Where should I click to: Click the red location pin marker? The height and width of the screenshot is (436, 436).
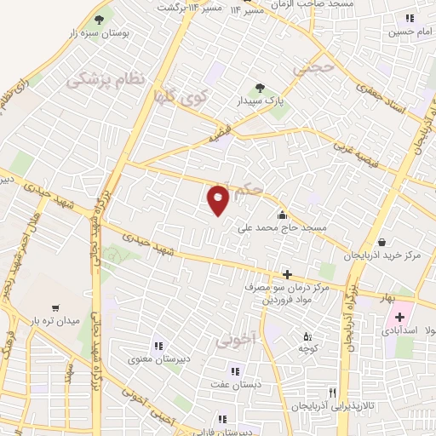pos(218,199)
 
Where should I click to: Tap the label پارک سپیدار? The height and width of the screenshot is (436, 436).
pos(261,100)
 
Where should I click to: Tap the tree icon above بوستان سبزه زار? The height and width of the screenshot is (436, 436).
pos(99,18)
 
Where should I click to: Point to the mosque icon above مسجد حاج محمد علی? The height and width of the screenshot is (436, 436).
pos(282,213)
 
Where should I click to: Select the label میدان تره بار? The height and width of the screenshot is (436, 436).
pos(55,321)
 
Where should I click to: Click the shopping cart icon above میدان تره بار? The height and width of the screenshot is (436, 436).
pos(55,307)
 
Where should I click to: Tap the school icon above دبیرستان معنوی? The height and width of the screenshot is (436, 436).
pos(158,346)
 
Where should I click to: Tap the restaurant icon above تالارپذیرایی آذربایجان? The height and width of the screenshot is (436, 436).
pos(332,393)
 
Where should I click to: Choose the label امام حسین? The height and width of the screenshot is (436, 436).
pos(409,32)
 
